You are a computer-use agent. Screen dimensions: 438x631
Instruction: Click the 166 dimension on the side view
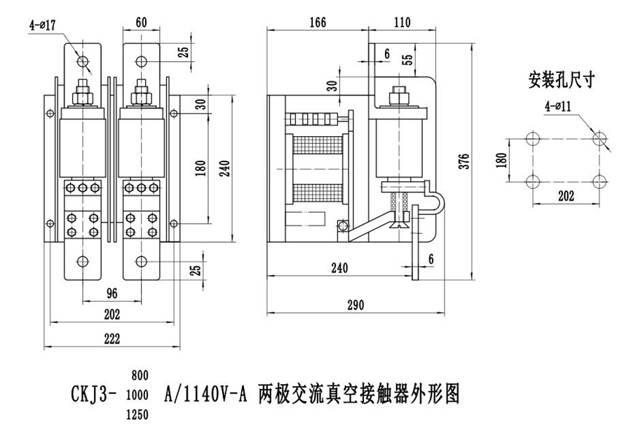(318, 22)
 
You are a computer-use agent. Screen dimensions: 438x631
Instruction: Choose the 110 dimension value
(402, 22)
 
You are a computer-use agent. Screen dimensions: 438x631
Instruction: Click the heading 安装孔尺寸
(561, 80)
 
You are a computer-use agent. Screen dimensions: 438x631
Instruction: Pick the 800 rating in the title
(138, 375)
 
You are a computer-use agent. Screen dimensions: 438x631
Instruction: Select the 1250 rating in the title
(137, 415)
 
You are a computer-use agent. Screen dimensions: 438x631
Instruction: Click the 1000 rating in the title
(137, 395)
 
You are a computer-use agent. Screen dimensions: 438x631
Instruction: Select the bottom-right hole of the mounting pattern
(598, 181)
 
